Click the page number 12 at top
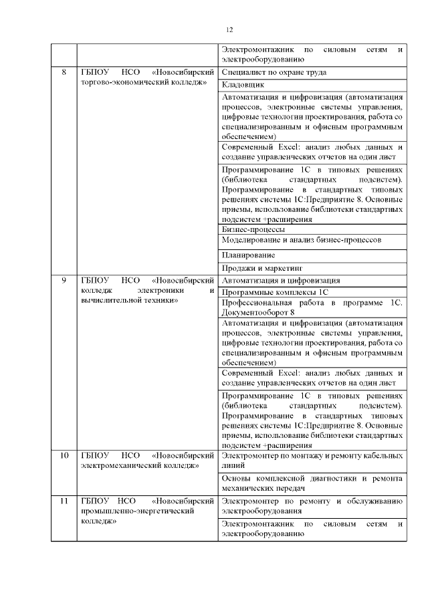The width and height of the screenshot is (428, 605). coord(229,29)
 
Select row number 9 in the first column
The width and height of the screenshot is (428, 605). coord(64,280)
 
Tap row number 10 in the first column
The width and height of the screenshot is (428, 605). coord(64,456)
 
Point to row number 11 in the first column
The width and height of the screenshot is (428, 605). coord(64,501)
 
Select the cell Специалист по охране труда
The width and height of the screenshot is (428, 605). coord(274,72)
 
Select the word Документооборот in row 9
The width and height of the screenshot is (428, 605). coord(255,312)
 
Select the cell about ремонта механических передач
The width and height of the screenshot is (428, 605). coord(312,484)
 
